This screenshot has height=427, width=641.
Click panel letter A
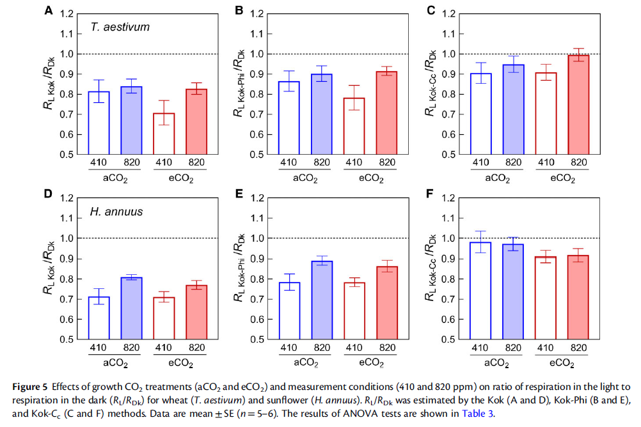(49, 10)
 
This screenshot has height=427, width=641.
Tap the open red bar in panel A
(164, 134)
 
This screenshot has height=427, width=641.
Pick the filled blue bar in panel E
(326, 300)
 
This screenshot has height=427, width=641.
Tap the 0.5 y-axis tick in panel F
(448, 339)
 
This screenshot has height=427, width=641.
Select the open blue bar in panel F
(479, 291)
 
